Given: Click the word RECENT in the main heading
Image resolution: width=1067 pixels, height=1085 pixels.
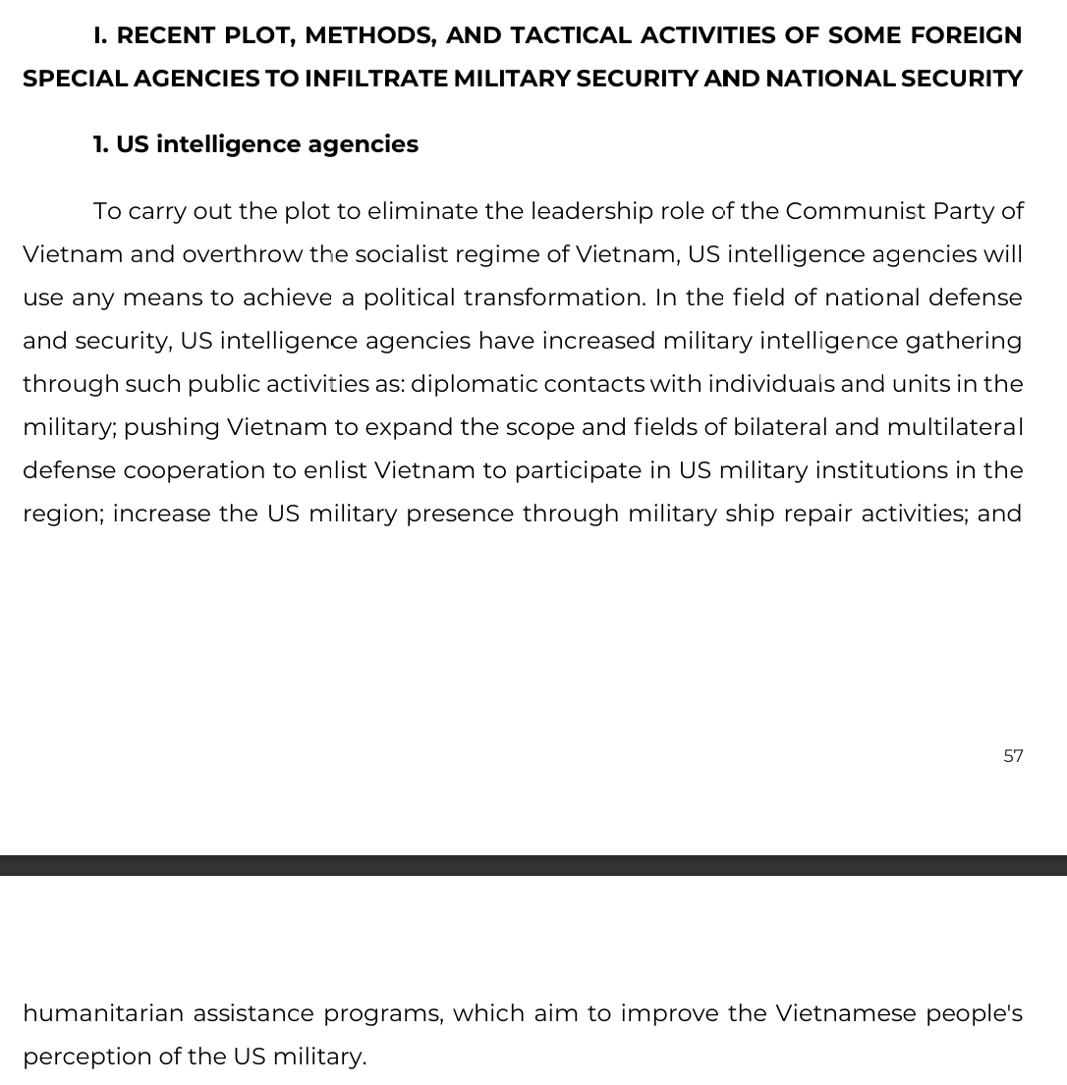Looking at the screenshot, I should [166, 35].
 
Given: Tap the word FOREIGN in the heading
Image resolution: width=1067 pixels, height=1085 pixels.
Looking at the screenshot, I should [966, 35].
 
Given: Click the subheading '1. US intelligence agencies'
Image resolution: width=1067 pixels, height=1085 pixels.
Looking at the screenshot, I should [255, 144].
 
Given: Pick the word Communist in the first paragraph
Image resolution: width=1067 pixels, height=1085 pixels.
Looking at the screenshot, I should [855, 211].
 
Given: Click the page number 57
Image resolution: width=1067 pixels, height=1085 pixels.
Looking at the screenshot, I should [1013, 756].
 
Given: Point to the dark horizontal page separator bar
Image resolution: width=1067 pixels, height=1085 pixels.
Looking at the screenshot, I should [533, 865].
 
